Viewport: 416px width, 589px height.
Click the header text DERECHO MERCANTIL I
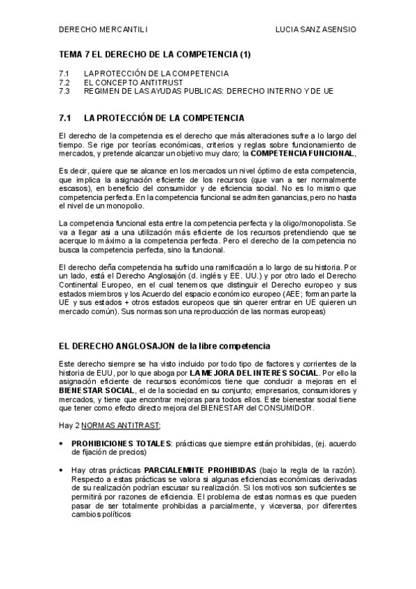click(103, 30)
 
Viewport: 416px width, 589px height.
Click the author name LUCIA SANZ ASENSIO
click(316, 30)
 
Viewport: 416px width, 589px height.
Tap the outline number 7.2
click(65, 82)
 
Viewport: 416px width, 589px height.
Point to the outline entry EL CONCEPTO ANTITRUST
click(127, 82)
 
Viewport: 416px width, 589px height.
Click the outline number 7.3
click(65, 90)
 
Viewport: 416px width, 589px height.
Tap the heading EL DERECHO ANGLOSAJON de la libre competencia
click(165, 345)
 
